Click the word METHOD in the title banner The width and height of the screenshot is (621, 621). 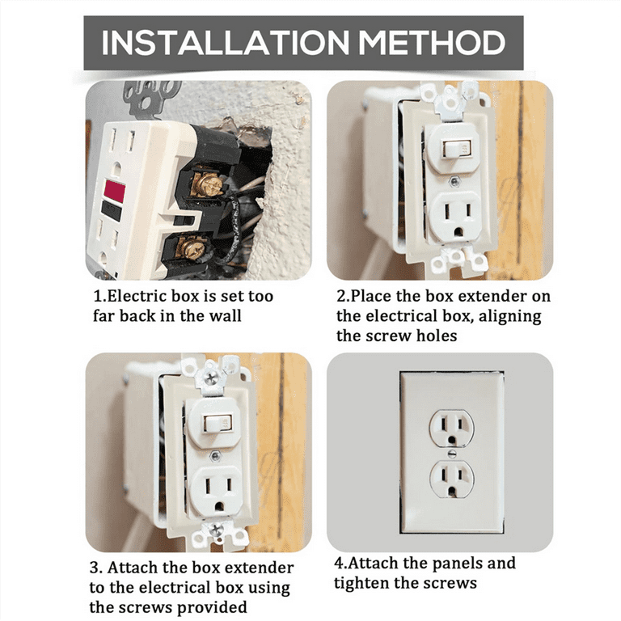432,42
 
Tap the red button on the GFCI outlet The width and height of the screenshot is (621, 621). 116,191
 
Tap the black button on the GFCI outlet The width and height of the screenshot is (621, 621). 112,211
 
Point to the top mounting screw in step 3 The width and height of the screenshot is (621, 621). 211,377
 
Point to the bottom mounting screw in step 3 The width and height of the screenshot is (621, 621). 216,529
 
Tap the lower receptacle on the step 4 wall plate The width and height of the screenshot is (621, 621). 451,479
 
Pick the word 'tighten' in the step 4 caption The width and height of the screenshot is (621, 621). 361,583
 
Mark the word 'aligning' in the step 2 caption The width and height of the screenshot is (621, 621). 512,317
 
